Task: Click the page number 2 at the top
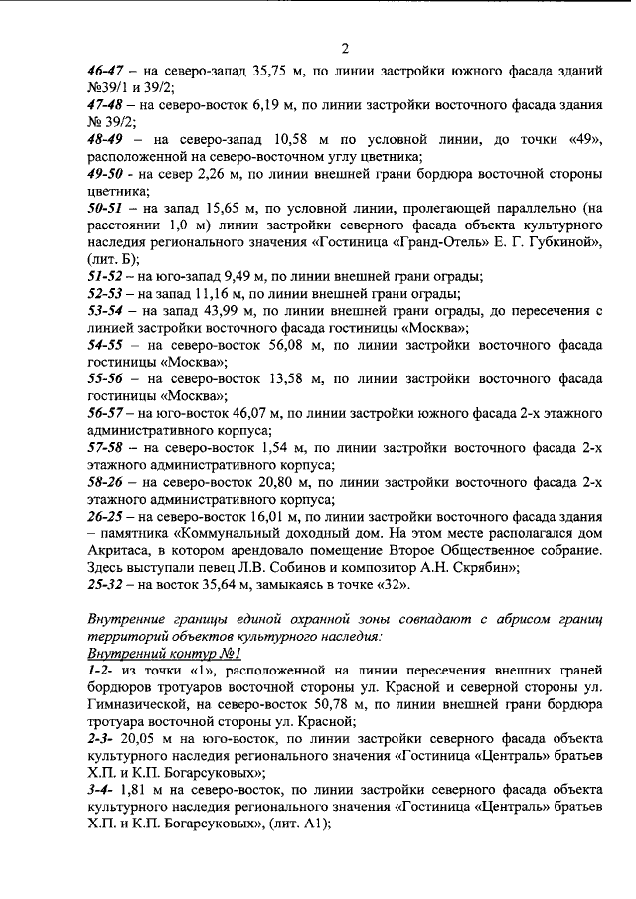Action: [345, 49]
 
